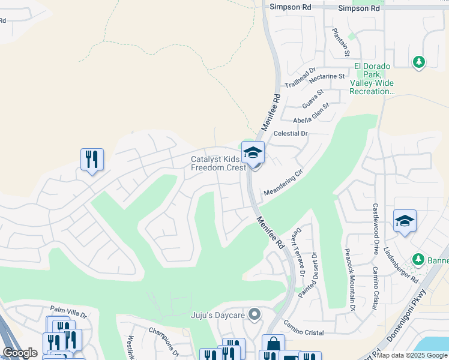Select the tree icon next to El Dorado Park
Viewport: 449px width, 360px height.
pos(419,62)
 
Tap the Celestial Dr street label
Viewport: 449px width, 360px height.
pos(291,133)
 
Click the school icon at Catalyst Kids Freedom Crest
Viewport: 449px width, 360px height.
pos(253,153)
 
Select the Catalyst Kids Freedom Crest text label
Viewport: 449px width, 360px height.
pos(218,164)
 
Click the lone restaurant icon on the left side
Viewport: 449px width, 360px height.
pos(92,160)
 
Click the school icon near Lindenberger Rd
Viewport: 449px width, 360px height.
pos(405,221)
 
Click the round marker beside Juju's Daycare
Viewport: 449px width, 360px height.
pos(255,314)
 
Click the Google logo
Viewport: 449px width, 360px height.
pos(20,353)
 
